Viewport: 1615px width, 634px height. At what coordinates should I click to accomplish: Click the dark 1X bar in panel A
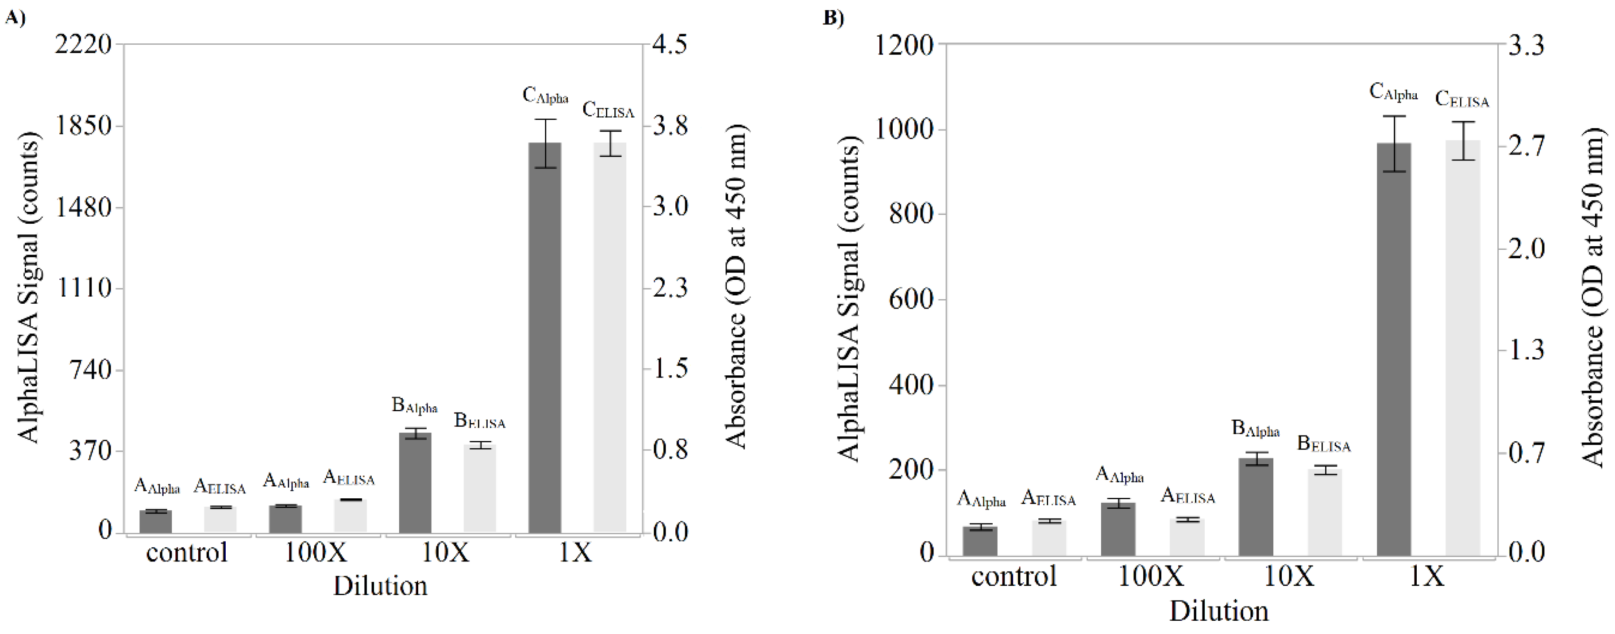[544, 338]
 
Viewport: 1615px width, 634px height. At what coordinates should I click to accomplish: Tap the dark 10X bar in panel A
[415, 482]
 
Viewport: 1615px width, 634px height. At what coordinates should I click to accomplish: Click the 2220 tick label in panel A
[83, 45]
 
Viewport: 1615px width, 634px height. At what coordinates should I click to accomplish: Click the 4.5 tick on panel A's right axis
[670, 45]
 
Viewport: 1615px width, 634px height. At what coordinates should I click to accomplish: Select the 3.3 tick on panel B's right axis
[1525, 46]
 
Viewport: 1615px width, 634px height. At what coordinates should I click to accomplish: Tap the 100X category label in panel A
[316, 553]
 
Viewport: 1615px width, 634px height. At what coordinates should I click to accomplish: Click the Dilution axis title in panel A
[380, 586]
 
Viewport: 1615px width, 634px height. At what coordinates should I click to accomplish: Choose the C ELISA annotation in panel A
[608, 110]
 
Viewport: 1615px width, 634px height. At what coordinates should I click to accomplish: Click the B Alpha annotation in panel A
[414, 406]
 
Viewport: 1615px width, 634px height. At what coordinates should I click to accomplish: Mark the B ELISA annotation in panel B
[1323, 444]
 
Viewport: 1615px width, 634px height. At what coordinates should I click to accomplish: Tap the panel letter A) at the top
[15, 18]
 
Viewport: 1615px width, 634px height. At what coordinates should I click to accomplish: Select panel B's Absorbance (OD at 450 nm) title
[1592, 298]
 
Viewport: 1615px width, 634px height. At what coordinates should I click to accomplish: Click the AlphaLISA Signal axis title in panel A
[28, 288]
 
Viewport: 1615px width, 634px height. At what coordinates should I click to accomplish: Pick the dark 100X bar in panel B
[1118, 529]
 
